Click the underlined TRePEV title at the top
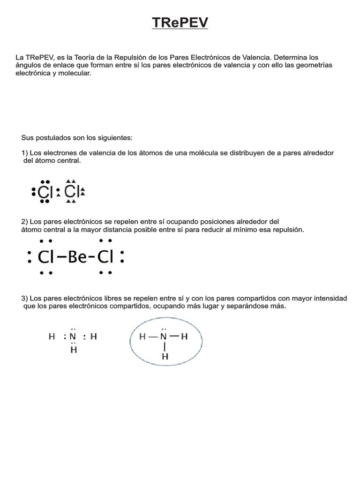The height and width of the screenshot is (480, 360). tap(180, 23)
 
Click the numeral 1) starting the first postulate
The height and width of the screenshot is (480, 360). tap(25, 153)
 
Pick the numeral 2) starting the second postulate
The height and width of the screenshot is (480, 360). tap(25, 221)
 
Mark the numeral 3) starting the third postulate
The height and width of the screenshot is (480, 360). tap(25, 298)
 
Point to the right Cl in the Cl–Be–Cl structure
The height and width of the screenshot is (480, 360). tap(106, 257)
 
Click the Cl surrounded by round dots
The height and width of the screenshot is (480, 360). tap(45, 191)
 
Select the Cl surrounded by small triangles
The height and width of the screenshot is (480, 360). tap(71, 191)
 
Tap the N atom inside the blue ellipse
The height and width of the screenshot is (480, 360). tap(164, 337)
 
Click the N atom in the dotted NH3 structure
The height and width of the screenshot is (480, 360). tap(73, 337)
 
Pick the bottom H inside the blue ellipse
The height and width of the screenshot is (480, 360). tap(165, 357)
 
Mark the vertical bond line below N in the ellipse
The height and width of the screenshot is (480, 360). tap(165, 346)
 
